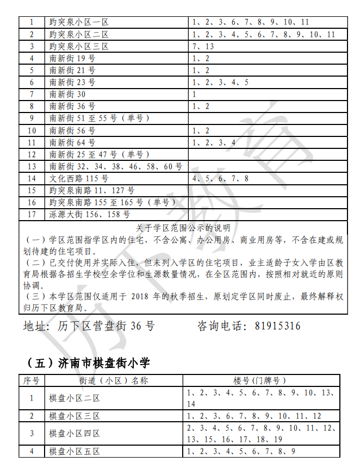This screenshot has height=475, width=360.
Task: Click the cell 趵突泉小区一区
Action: point(79,22)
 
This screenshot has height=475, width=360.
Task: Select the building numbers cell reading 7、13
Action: point(203,46)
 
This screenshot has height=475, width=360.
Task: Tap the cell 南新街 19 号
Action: point(72,58)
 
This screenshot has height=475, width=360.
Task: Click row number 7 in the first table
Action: point(32,94)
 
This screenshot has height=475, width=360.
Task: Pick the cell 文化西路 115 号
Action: point(79,178)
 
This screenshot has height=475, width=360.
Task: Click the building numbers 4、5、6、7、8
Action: point(220,178)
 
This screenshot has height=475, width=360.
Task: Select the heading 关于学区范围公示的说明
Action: point(183,228)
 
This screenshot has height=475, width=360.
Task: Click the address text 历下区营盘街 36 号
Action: point(106,326)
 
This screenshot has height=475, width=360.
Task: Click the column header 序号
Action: point(32,380)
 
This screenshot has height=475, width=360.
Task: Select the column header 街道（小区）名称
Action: point(114,380)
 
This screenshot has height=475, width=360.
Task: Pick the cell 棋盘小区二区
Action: point(75,398)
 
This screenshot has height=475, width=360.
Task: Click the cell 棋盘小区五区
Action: point(75,452)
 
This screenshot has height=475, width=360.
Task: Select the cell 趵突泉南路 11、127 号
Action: point(92,190)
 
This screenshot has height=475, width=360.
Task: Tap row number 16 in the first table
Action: point(32,202)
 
